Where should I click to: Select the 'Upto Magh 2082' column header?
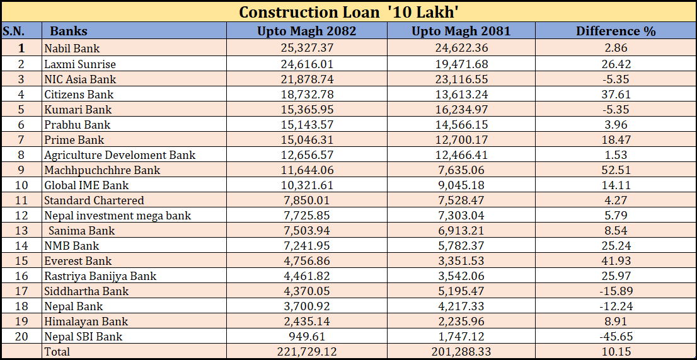pyautogui.click(x=306, y=31)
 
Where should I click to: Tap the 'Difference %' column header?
pyautogui.click(x=616, y=31)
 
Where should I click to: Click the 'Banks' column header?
pyautogui.click(x=69, y=31)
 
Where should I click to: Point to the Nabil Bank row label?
pyautogui.click(x=72, y=49)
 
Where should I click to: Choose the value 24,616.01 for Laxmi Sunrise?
pyautogui.click(x=307, y=64)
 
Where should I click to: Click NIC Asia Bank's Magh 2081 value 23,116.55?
pyautogui.click(x=461, y=79)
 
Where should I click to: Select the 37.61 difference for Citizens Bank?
pyautogui.click(x=616, y=94)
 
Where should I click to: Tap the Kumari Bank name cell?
pyautogui.click(x=78, y=109)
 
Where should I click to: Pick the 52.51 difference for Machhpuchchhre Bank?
pyautogui.click(x=616, y=170)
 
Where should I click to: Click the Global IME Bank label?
pyautogui.click(x=86, y=185)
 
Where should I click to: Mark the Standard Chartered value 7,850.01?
pyautogui.click(x=307, y=200)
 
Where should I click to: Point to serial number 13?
pyautogui.click(x=21, y=230)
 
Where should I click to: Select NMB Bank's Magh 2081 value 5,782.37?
pyautogui.click(x=461, y=245)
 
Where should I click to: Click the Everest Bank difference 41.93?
pyautogui.click(x=616, y=260)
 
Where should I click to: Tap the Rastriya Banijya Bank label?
pyautogui.click(x=100, y=276)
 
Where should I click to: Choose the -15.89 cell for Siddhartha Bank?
pyautogui.click(x=616, y=291)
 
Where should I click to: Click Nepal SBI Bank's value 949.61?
pyautogui.click(x=307, y=336)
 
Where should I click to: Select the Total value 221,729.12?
pyautogui.click(x=307, y=351)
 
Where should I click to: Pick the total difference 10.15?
pyautogui.click(x=616, y=351)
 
